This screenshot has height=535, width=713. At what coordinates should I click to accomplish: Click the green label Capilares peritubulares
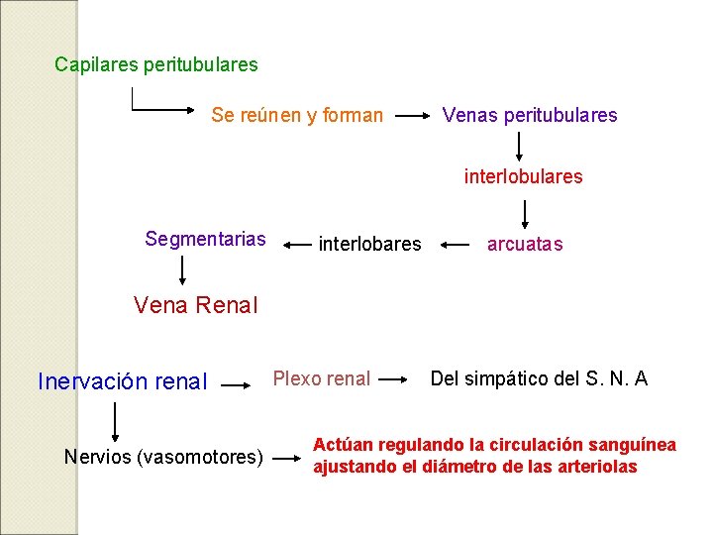[x=156, y=65]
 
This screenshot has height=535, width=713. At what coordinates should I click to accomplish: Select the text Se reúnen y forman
[x=297, y=116]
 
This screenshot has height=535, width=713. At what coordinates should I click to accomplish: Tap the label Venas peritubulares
[x=530, y=116]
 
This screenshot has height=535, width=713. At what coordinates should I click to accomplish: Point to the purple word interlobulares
[x=524, y=177]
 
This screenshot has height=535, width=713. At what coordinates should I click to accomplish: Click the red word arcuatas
[x=525, y=244]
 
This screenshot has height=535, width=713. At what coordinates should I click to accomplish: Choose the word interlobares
[x=369, y=244]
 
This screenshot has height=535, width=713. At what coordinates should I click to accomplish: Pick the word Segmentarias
[x=205, y=239]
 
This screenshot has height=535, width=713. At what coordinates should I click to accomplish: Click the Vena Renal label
[x=195, y=305]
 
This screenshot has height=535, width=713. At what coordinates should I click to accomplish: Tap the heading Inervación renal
[x=122, y=381]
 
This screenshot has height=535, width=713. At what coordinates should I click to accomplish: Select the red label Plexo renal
[x=322, y=378]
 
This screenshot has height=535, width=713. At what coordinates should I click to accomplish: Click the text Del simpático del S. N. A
[x=539, y=377]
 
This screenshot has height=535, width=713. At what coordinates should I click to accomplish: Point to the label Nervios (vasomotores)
[x=163, y=457]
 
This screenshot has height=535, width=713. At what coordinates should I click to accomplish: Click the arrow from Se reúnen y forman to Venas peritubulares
[x=412, y=116]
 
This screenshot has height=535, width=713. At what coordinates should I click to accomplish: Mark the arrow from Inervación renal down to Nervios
[x=118, y=420]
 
